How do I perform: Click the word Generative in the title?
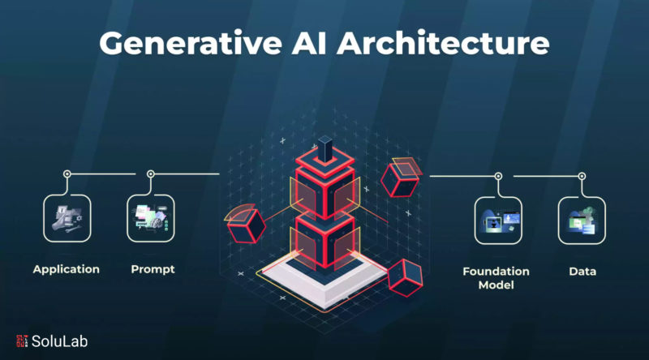click(191, 44)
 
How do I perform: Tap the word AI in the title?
click(309, 43)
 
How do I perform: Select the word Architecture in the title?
click(443, 43)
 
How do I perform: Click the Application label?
click(67, 270)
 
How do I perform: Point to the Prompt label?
click(153, 269)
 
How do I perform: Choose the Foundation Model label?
click(496, 278)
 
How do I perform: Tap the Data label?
click(582, 272)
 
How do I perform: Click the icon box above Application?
click(67, 218)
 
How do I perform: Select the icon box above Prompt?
click(151, 218)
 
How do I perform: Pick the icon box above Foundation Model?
click(498, 221)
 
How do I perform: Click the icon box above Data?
click(582, 221)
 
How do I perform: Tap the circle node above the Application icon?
click(67, 174)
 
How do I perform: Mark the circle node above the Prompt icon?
click(151, 174)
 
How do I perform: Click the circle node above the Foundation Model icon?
click(498, 176)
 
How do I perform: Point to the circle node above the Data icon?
click(582, 176)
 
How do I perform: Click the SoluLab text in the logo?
click(59, 341)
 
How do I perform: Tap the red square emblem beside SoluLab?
click(22, 341)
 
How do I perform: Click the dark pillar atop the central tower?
click(325, 149)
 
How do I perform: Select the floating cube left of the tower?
click(246, 225)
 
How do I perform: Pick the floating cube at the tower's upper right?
click(401, 178)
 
